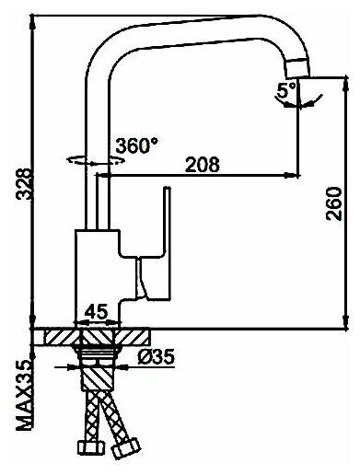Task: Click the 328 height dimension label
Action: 24,184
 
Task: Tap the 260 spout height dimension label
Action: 333,203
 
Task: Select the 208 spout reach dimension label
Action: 203,165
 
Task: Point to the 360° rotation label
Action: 137,145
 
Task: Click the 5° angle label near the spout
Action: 285,90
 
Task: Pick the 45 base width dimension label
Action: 97,312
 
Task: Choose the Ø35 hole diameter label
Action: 156,356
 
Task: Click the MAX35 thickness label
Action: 25,395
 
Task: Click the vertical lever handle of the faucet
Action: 166,242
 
